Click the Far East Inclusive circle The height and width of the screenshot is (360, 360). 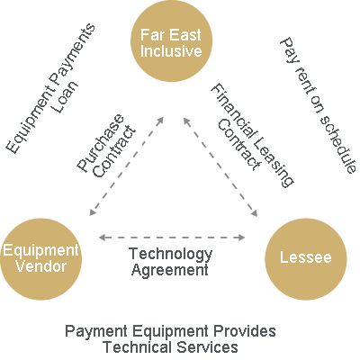(x=171, y=40)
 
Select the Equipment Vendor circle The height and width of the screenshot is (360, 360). (x=40, y=259)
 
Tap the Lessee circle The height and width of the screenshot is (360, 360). (x=306, y=259)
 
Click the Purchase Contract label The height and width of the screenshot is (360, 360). (x=107, y=146)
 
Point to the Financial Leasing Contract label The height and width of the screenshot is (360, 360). (x=252, y=136)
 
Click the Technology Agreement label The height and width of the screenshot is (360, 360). (x=170, y=262)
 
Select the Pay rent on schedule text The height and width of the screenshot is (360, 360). (x=318, y=105)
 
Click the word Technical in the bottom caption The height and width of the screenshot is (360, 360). (x=137, y=347)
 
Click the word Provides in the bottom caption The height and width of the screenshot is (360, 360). (x=245, y=332)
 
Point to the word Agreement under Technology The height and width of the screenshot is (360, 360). (x=170, y=270)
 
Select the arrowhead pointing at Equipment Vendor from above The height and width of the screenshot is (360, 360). (x=92, y=212)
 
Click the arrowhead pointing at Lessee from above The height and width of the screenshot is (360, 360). (x=255, y=212)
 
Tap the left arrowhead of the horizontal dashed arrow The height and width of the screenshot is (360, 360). (x=102, y=238)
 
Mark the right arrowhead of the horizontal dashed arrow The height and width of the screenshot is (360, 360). (x=241, y=238)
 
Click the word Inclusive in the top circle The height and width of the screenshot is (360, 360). (x=171, y=50)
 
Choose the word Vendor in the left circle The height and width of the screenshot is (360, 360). (x=41, y=266)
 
